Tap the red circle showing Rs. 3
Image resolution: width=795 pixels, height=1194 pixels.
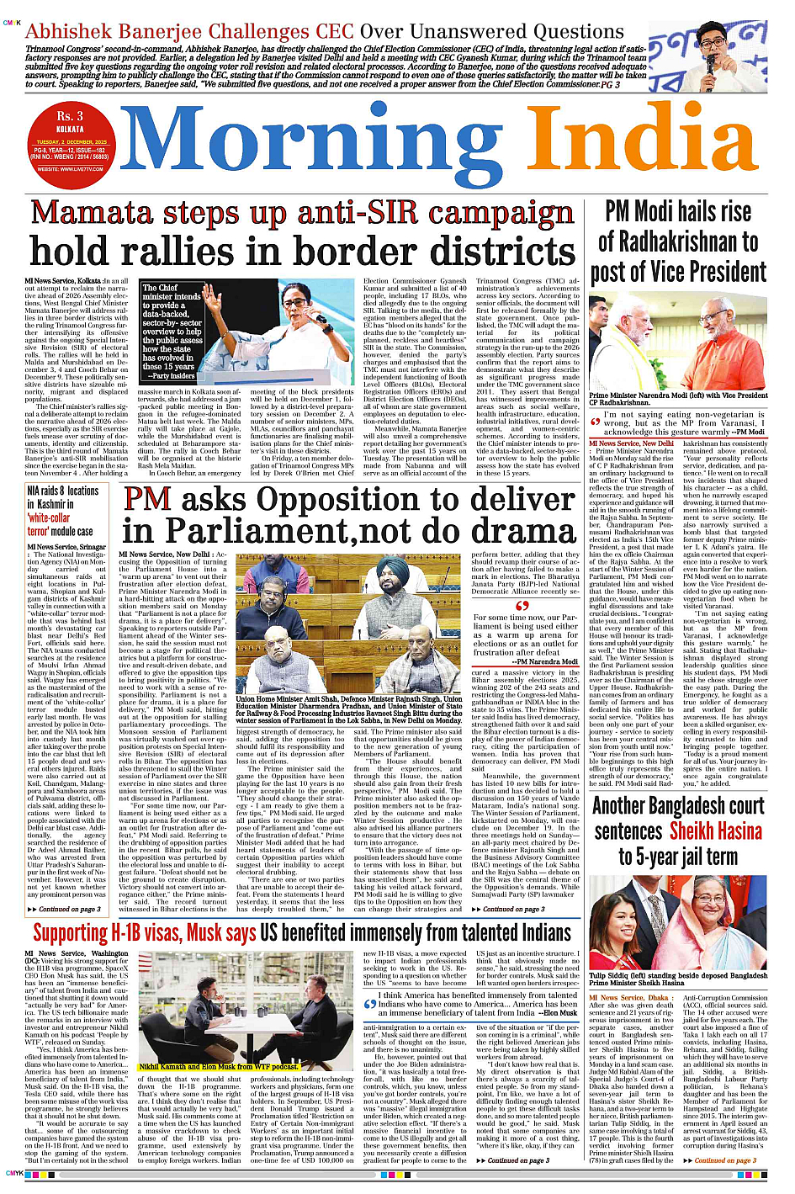pos(70,116)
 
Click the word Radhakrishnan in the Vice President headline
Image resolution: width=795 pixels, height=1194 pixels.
pos(677,242)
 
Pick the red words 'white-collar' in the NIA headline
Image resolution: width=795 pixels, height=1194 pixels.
pos(49,518)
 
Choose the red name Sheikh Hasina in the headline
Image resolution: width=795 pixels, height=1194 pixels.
pos(716,831)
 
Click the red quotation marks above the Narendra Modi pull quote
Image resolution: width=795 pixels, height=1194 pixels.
pos(522,605)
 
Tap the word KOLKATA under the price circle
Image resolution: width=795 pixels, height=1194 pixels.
pos(70,130)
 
